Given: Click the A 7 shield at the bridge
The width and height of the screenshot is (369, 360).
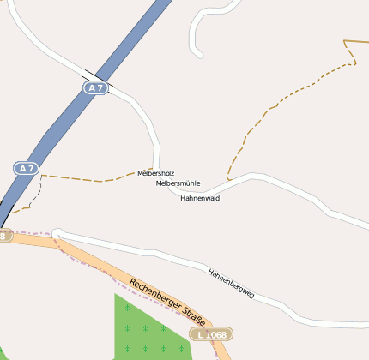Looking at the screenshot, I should coord(95,87).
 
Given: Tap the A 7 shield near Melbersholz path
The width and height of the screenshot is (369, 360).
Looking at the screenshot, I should coord(25,168).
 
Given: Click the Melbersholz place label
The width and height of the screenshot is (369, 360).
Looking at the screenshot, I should coord(155,173).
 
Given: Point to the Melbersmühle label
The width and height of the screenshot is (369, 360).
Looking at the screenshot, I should coord(178,183).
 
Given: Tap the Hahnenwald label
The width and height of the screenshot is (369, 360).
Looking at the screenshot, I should coord(200,198).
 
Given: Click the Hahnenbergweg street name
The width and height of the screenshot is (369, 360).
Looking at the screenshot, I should coord(231,283).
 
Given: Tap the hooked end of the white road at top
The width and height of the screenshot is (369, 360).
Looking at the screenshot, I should coord(199,54).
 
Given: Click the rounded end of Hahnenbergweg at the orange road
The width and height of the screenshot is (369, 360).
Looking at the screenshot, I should coord(57,233).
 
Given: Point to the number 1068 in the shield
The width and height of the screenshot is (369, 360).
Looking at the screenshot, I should coord(215,333).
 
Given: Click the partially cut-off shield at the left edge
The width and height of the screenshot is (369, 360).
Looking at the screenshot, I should coord(4,235).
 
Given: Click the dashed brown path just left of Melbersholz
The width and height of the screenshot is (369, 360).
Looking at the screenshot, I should coord(103,180).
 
